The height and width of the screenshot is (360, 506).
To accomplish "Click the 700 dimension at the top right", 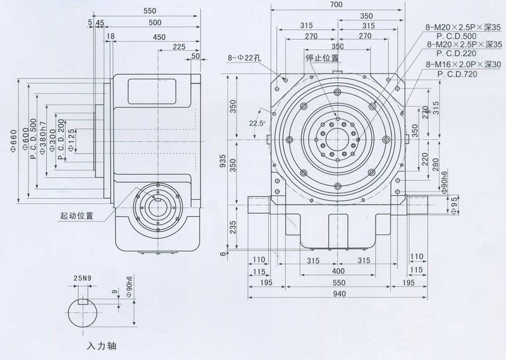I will [x=336, y=5].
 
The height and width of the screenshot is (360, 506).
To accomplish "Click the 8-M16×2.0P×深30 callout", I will [x=464, y=65].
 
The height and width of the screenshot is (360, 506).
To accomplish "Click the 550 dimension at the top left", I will [x=149, y=11].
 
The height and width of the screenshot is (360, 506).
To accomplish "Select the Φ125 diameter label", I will [x=71, y=139].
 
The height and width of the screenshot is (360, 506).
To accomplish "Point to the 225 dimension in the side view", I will [x=178, y=47].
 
